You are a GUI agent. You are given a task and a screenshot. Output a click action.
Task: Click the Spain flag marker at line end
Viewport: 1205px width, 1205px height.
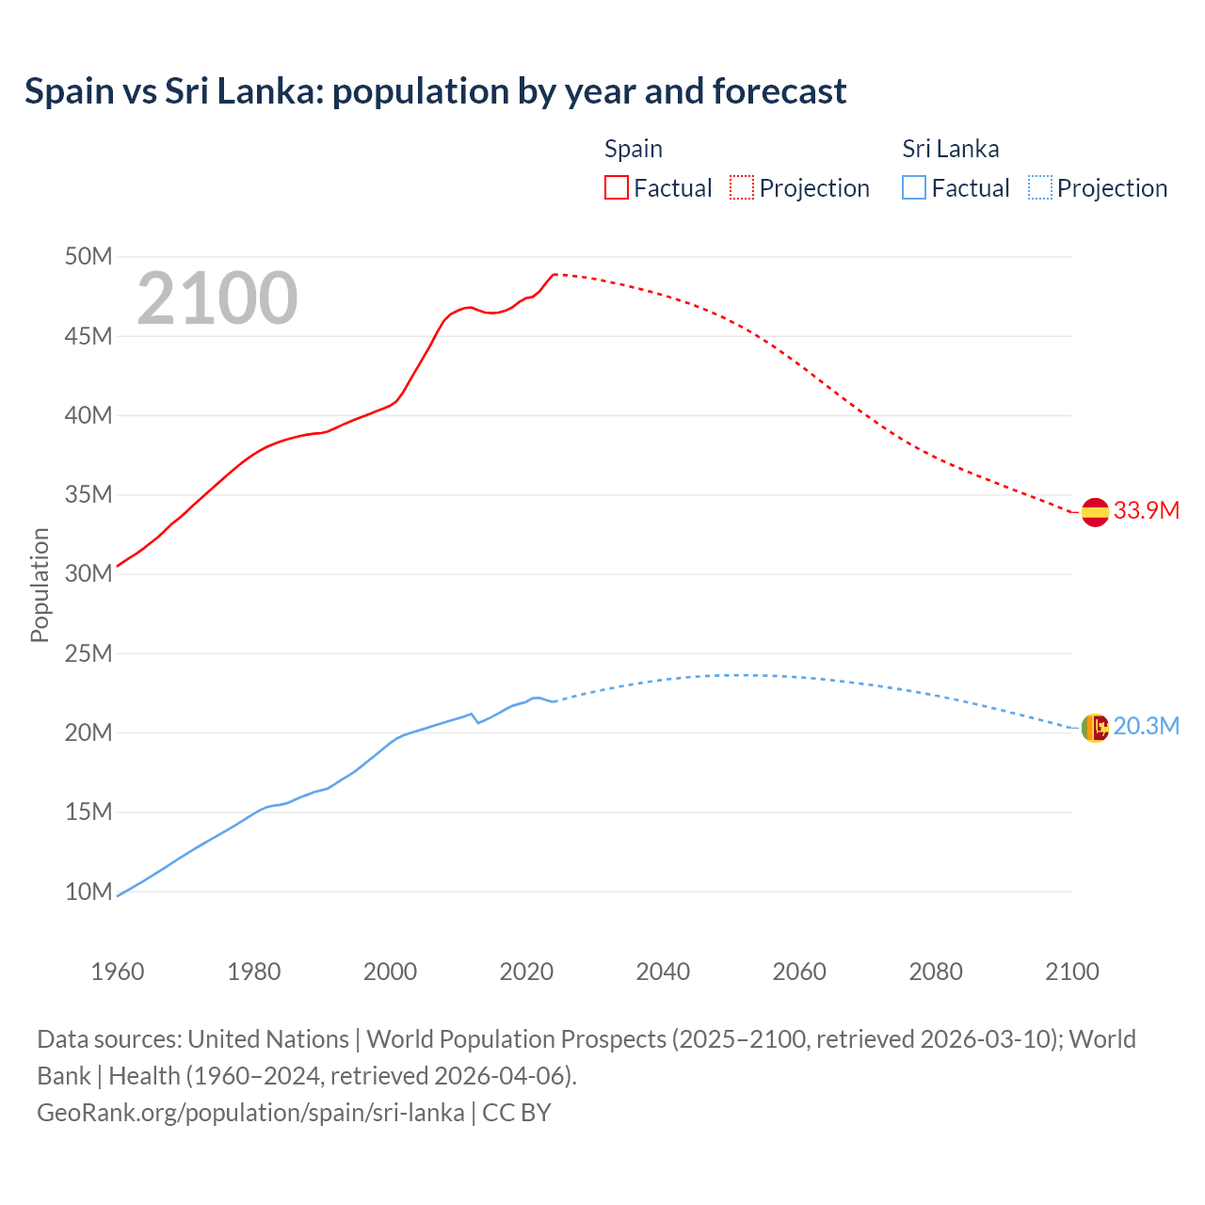point(1095,512)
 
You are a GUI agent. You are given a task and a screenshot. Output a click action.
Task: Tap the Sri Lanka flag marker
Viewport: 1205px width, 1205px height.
point(1095,728)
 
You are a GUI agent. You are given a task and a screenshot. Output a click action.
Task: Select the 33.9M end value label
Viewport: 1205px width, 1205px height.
point(1147,510)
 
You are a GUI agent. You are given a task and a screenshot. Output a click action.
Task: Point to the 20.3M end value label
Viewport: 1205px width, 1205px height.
point(1147,726)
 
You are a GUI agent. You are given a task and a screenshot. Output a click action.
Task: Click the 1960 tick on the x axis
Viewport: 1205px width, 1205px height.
point(118,972)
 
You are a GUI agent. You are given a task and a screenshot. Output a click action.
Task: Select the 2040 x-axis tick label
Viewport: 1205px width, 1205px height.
point(663,972)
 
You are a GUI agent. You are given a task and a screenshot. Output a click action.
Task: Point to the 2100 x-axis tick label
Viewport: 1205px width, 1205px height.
point(1072,972)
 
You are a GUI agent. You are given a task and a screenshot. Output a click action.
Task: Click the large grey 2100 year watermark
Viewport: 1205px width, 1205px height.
point(217,298)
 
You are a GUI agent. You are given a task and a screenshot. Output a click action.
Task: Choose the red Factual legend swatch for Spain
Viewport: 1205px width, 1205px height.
point(617,187)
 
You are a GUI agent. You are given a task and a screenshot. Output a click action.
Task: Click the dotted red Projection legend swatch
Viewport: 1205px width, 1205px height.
point(742,187)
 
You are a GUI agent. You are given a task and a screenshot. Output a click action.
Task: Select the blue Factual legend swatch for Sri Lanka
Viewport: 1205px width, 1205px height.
point(914,187)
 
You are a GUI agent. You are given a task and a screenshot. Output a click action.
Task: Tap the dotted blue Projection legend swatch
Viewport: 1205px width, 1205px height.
point(1039,187)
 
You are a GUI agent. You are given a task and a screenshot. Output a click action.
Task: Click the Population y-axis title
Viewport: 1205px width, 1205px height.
point(40,585)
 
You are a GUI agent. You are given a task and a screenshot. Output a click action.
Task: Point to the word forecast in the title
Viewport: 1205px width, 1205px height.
point(779,91)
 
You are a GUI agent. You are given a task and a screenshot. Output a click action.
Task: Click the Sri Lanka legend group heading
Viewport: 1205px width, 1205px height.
point(951,149)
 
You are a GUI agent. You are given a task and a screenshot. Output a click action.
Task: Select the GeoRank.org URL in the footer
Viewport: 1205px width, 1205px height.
point(250,1113)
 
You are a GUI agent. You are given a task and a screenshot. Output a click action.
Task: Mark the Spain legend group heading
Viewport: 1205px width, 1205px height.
point(634,149)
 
